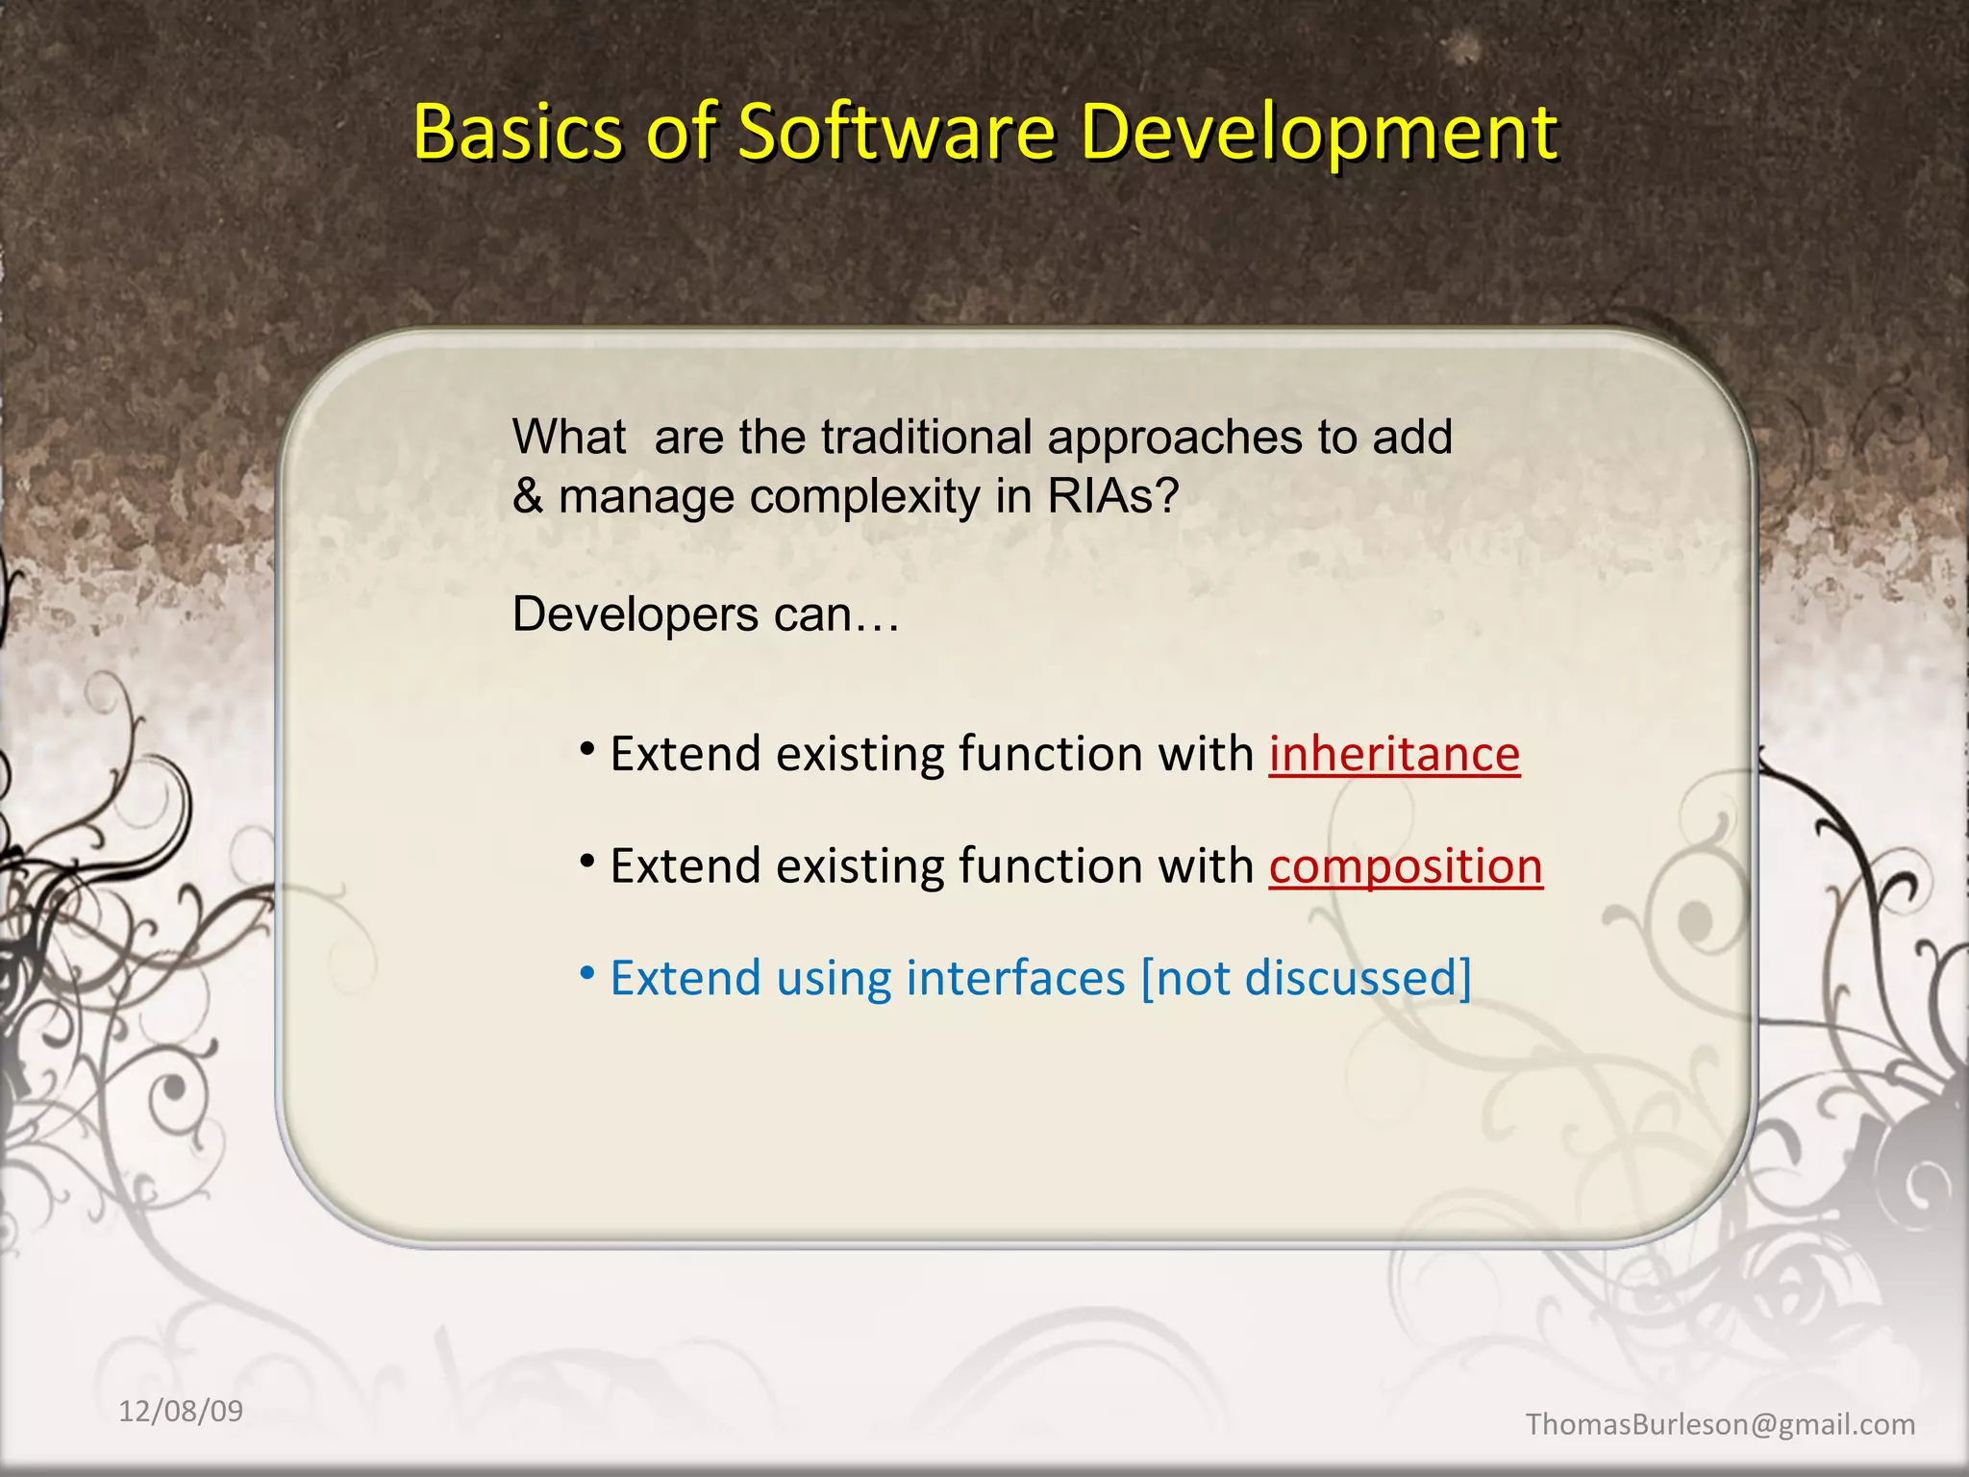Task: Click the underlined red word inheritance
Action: click(1394, 754)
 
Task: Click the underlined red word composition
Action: click(1406, 866)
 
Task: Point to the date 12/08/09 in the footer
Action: click(181, 1411)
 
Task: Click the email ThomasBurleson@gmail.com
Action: click(1720, 1424)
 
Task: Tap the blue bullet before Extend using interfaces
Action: click(587, 973)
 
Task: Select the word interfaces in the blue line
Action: click(1015, 978)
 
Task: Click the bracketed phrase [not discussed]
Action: click(1306, 978)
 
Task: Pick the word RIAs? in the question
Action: click(1112, 497)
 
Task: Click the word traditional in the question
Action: click(927, 438)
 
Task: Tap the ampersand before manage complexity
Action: click(528, 497)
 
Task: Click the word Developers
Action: click(636, 614)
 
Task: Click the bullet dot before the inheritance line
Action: click(587, 748)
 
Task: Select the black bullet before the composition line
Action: click(587, 861)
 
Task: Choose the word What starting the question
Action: click(569, 438)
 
